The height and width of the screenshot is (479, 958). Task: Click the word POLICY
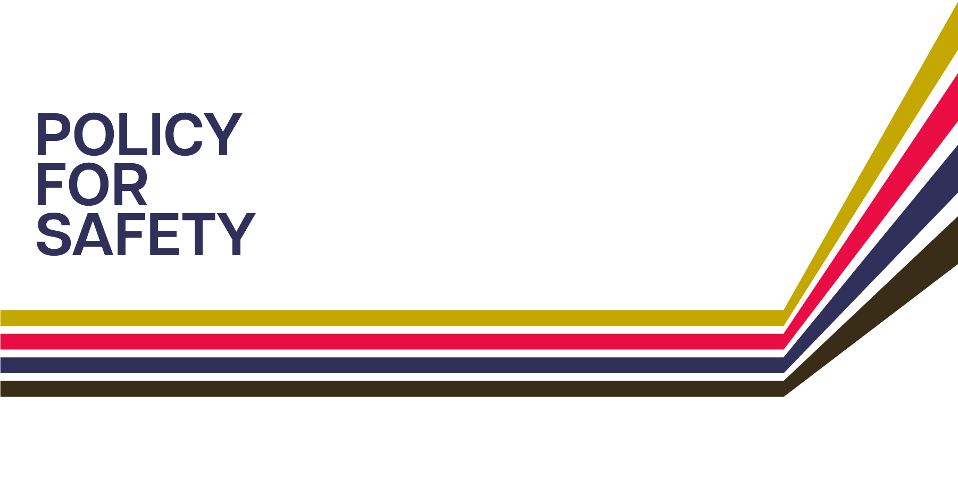(138, 134)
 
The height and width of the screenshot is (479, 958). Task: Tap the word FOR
(91, 184)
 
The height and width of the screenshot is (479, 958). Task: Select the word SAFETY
(145, 234)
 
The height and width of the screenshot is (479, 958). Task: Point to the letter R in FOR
(130, 184)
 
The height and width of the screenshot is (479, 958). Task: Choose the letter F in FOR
(49, 184)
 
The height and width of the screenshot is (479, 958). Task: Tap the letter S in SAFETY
(54, 234)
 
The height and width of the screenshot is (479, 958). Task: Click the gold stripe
(372, 318)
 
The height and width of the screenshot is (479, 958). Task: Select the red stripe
(372, 341)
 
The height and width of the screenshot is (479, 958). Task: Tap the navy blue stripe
(372, 365)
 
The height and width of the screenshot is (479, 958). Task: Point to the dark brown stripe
(372, 389)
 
